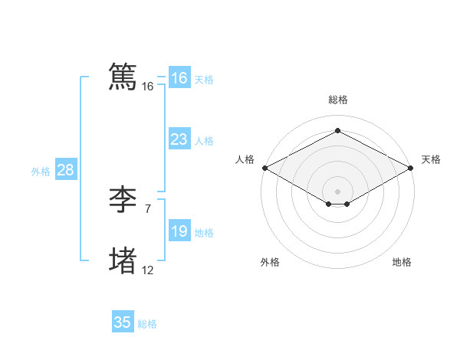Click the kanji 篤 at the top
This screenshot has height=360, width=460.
pos(123,77)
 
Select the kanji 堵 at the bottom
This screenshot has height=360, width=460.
pos(123,260)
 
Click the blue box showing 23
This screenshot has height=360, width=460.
pos(179,139)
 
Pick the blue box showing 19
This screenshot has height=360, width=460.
pos(179,231)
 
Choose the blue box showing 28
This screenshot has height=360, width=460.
pos(65,170)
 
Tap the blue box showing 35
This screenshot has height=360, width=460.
pos(123,322)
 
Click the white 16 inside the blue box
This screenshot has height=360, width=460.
pos(179,78)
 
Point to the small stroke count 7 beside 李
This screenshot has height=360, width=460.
pos(147,208)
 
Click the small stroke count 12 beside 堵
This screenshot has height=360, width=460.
pos(147,270)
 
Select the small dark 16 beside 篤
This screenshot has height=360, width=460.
pos(147,87)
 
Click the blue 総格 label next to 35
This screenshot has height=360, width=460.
pos(147,324)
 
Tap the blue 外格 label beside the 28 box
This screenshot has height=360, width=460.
pos(41,172)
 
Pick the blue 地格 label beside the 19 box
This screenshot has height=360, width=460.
pos(204,233)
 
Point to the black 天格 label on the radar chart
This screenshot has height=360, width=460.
pos(431,159)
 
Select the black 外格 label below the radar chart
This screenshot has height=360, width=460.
pos(270,262)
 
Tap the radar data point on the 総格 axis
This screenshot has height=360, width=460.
pos(337,130)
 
